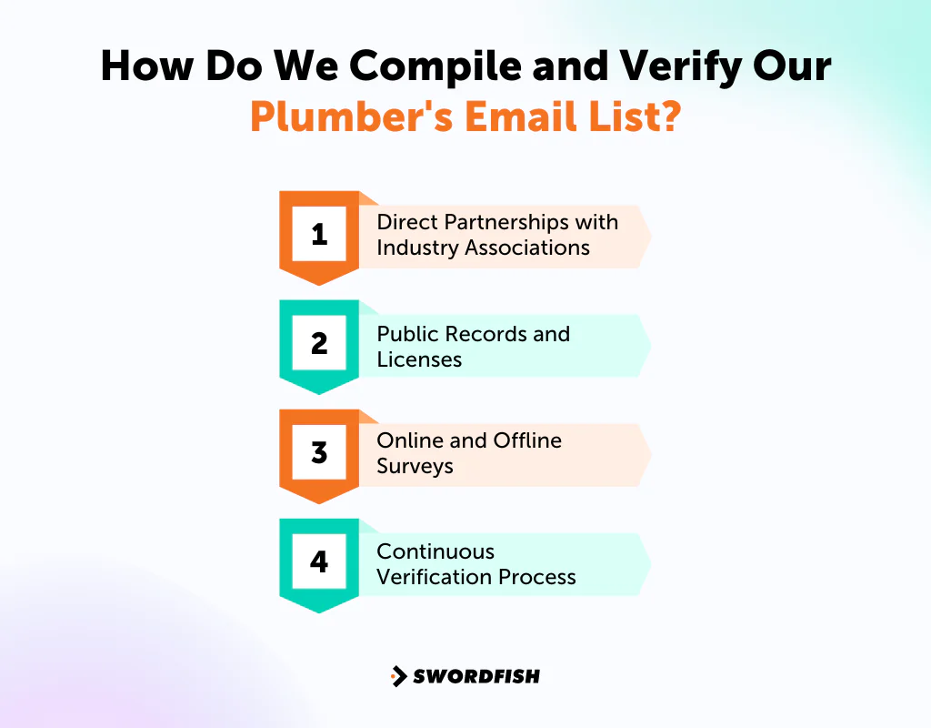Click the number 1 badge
319,235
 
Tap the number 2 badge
319,343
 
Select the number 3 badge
319,452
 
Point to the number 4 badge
319,561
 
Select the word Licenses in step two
419,359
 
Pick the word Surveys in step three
415,467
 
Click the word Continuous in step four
435,551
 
